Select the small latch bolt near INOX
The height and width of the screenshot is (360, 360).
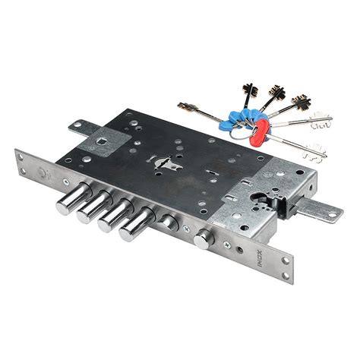(204, 238)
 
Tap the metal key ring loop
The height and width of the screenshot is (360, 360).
(241, 133)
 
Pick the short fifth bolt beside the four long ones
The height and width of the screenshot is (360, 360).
(169, 222)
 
